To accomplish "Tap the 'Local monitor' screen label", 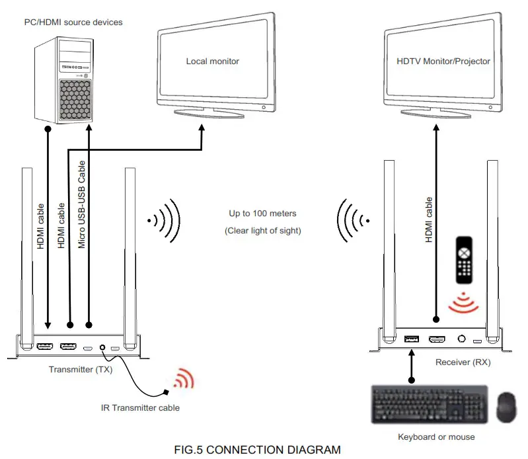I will tap(212, 62).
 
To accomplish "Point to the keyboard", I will tap(430, 405).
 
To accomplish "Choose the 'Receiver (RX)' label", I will tap(463, 362).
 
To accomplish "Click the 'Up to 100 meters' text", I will tap(262, 214).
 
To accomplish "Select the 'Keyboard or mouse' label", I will tap(436, 437).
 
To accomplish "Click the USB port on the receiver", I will tap(411, 339).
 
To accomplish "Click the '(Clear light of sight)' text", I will tap(262, 231).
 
